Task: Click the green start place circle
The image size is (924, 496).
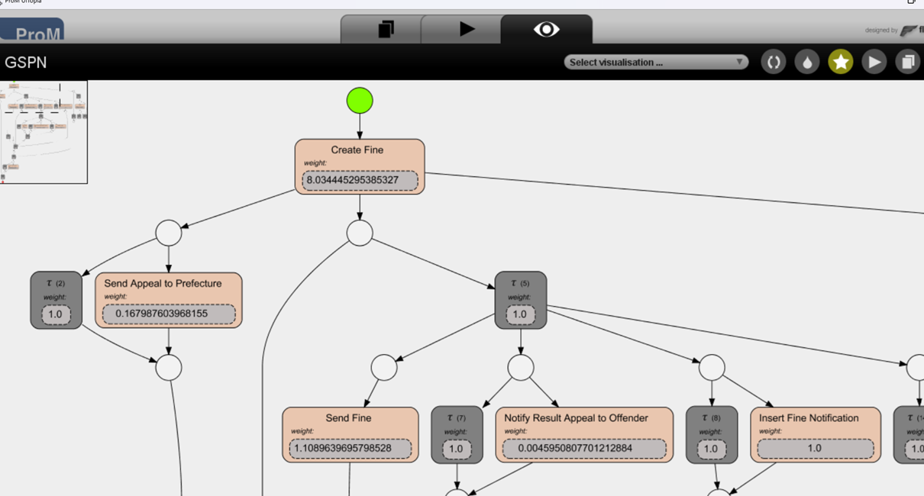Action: (360, 101)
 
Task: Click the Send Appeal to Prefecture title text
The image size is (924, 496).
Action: (163, 283)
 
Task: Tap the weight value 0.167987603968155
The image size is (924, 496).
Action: (169, 313)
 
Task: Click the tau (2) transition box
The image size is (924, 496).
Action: (56, 300)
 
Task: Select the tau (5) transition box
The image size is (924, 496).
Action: (520, 300)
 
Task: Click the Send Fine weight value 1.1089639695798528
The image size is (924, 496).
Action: (351, 448)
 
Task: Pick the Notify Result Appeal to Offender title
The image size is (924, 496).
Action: (576, 418)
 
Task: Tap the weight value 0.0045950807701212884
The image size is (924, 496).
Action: (584, 448)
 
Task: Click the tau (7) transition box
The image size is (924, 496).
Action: (457, 434)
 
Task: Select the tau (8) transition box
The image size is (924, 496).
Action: (711, 434)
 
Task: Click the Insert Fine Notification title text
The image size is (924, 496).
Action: (809, 418)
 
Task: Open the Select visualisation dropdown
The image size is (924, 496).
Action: (656, 63)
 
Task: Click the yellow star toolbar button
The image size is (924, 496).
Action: (841, 63)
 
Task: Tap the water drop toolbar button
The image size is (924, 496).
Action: (807, 63)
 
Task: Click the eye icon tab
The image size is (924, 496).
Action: (546, 30)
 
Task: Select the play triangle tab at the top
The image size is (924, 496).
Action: (467, 30)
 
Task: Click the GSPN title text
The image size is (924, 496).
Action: (26, 63)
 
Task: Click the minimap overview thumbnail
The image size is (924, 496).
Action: (44, 131)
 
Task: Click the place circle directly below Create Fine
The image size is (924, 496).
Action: (360, 233)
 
